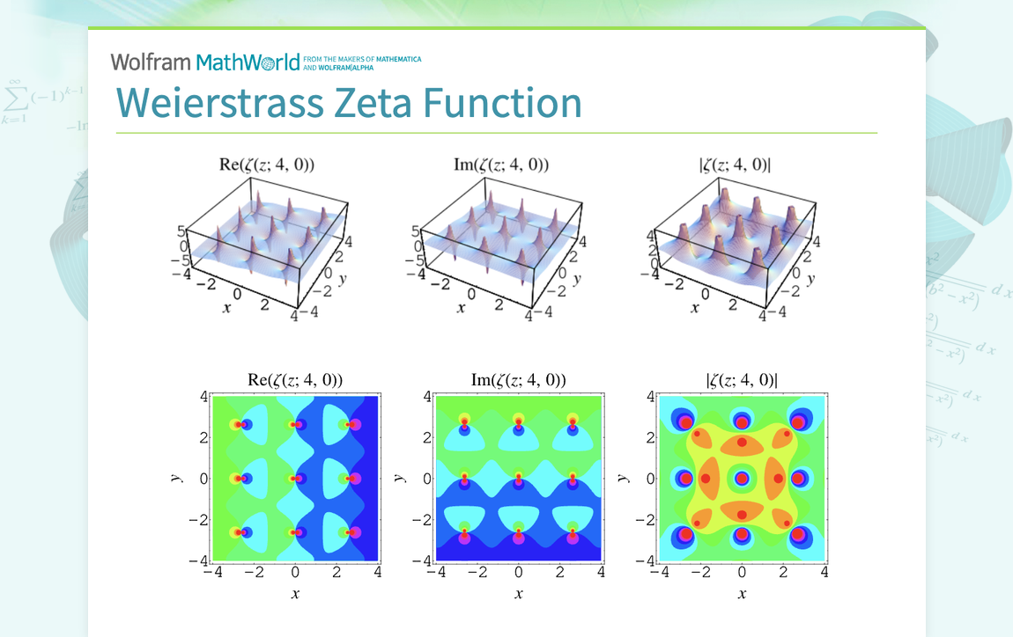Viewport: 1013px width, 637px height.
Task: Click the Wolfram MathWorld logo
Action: (x=204, y=62)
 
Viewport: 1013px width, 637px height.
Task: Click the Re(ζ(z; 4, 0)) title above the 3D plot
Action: (x=266, y=164)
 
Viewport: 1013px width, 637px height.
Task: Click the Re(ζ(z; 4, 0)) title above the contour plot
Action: (x=295, y=380)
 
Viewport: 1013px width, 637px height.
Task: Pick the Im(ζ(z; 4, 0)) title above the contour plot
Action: (x=518, y=380)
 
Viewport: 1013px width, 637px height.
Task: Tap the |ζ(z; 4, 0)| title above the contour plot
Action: (x=742, y=380)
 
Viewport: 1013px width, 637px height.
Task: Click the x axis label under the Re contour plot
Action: (x=295, y=594)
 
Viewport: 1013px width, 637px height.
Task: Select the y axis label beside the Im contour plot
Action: (x=401, y=478)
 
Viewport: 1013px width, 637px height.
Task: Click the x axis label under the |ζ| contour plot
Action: (x=742, y=594)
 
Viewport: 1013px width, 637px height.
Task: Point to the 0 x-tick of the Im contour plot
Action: (x=519, y=573)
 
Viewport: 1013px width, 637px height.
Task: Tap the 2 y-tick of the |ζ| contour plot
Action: (x=649, y=438)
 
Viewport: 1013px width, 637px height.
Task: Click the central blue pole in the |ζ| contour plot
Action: (x=742, y=479)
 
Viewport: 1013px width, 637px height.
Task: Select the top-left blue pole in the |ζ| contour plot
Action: (x=684, y=421)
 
